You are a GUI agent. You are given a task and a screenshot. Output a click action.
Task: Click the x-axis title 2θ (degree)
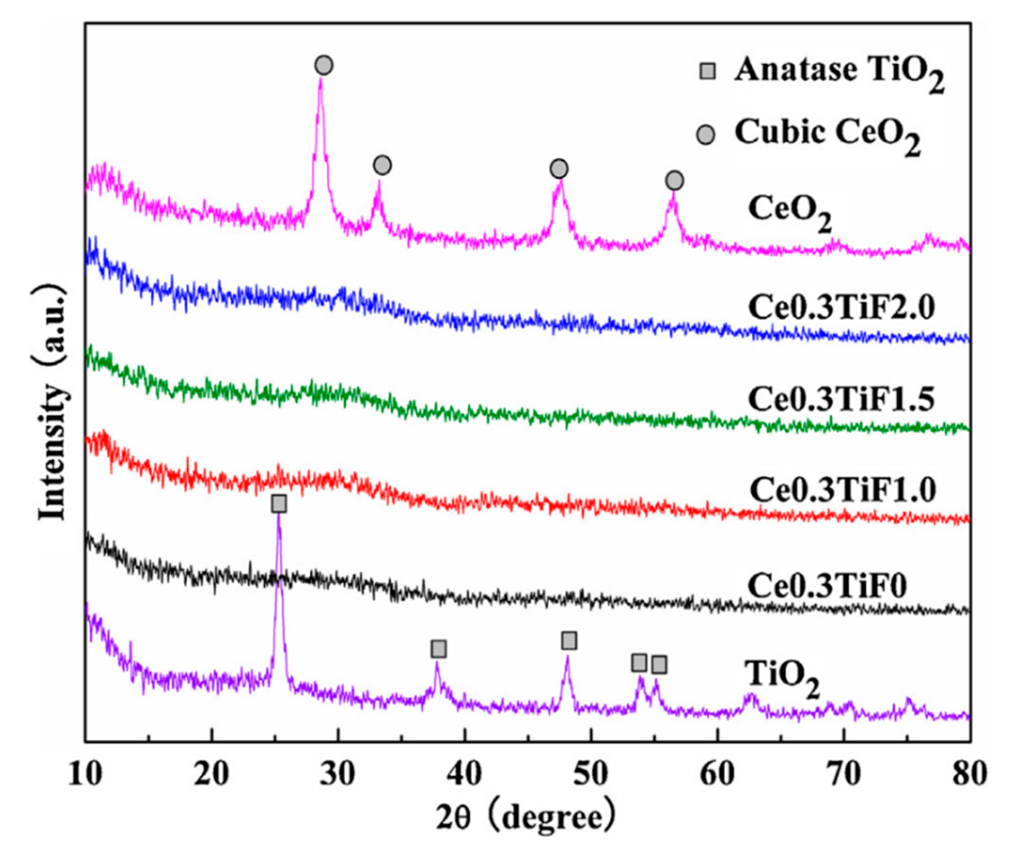526,818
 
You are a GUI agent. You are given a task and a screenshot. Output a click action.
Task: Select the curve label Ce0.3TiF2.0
841,308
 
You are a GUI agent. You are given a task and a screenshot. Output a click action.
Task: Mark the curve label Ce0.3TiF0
827,585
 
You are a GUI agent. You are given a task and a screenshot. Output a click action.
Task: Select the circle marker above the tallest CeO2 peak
325,65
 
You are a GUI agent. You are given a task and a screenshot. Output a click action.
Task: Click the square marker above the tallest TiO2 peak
279,504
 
